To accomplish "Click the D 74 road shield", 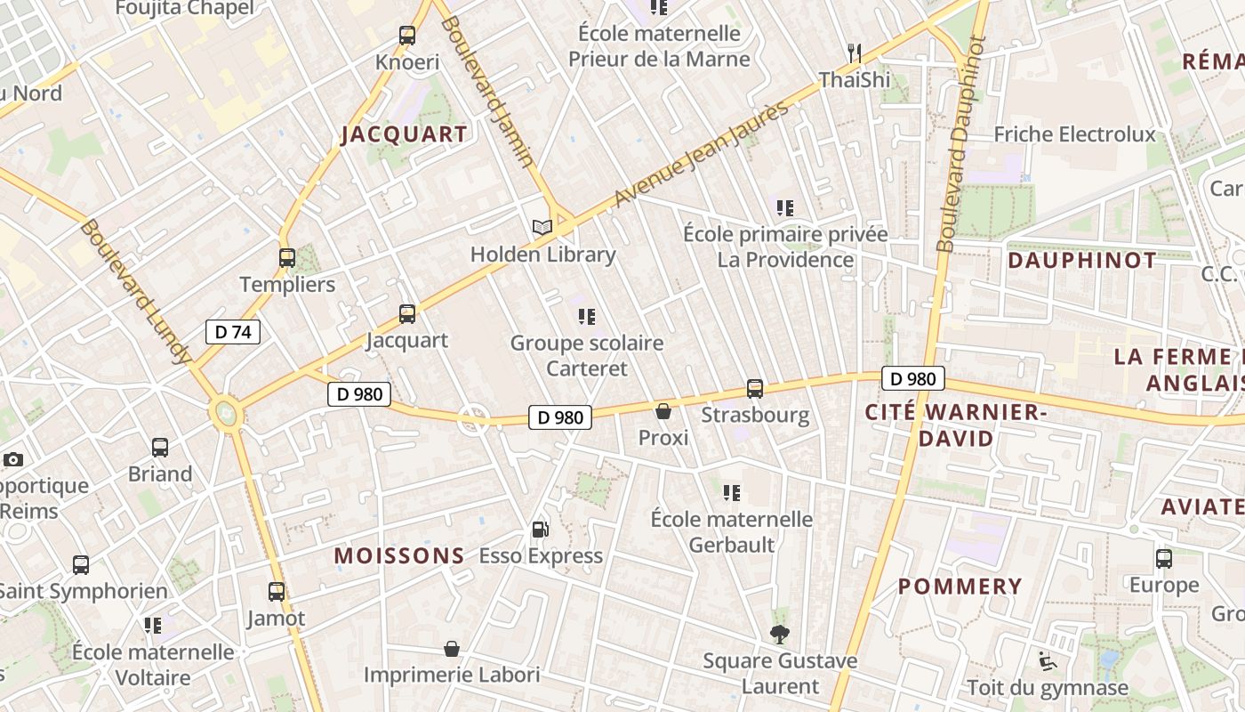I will (x=233, y=332).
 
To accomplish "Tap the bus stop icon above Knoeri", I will (x=407, y=36).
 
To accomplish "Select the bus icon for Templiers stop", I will (x=286, y=258).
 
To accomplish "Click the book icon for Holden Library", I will (x=542, y=227).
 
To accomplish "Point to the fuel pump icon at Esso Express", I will (x=540, y=530).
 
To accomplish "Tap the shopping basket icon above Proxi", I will (x=663, y=411).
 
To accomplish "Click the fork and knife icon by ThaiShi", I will (x=855, y=53).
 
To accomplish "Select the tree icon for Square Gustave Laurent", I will (x=780, y=635).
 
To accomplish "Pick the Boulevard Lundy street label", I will (x=135, y=291).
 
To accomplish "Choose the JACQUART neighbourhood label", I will (x=405, y=134).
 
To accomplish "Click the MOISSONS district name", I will (x=399, y=556).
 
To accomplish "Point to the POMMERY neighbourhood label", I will (x=960, y=587).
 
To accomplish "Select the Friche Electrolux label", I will (x=1074, y=134).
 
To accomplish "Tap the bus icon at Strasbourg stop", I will (x=755, y=389).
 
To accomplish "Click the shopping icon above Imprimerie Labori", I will (x=452, y=649).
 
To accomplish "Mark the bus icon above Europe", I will (x=1164, y=559).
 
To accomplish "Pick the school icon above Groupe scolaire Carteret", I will (x=586, y=317).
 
